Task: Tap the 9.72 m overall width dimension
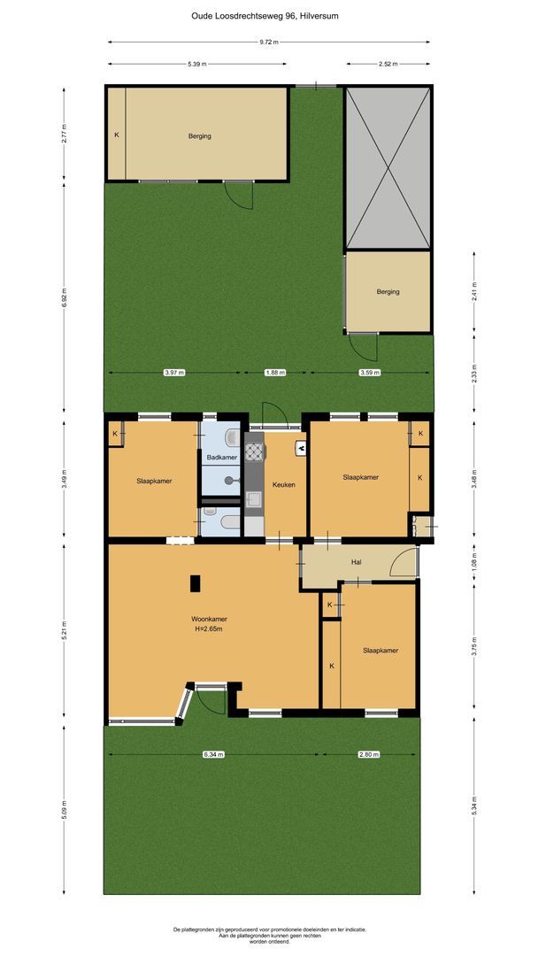point(269,42)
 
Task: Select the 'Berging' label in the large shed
point(199,136)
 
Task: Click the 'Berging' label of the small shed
point(388,291)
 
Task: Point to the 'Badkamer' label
point(221,457)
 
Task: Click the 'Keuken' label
point(283,484)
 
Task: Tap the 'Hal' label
point(357,561)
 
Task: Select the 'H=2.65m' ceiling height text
point(209,629)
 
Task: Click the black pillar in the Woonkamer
point(195,582)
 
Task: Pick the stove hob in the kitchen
point(254,452)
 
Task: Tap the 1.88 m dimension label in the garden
point(276,373)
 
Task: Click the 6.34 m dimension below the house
point(213,754)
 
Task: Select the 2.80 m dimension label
point(369,754)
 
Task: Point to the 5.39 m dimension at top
point(197,64)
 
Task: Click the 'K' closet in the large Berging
point(116,135)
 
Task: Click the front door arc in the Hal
point(405,564)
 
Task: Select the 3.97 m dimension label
point(174,373)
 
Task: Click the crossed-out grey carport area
point(388,168)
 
